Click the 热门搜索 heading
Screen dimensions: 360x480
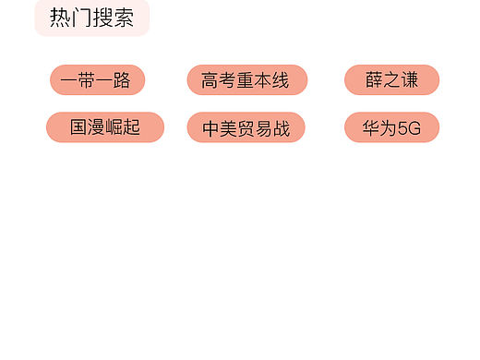[x=91, y=18]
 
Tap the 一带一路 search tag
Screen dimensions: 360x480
[x=96, y=80]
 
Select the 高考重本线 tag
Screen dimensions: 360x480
[x=246, y=80]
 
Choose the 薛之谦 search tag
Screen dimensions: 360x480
[x=391, y=80]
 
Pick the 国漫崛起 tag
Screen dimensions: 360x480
[x=104, y=127]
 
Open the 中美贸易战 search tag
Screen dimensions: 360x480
[x=246, y=128]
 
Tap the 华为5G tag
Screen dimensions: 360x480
[x=391, y=128]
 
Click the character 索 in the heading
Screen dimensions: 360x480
[x=124, y=18]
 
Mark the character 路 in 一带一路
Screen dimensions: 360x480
[x=123, y=80]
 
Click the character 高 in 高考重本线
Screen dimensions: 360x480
[x=210, y=80]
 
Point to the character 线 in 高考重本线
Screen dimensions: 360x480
[x=281, y=80]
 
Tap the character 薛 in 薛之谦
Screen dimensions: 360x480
[x=374, y=80]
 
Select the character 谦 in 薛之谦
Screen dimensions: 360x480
[x=409, y=80]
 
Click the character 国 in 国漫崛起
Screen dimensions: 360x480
[x=78, y=127]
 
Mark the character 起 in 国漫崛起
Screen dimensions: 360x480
[x=131, y=127]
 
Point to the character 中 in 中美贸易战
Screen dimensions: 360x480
[x=210, y=128]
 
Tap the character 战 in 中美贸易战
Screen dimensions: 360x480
[x=281, y=128]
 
